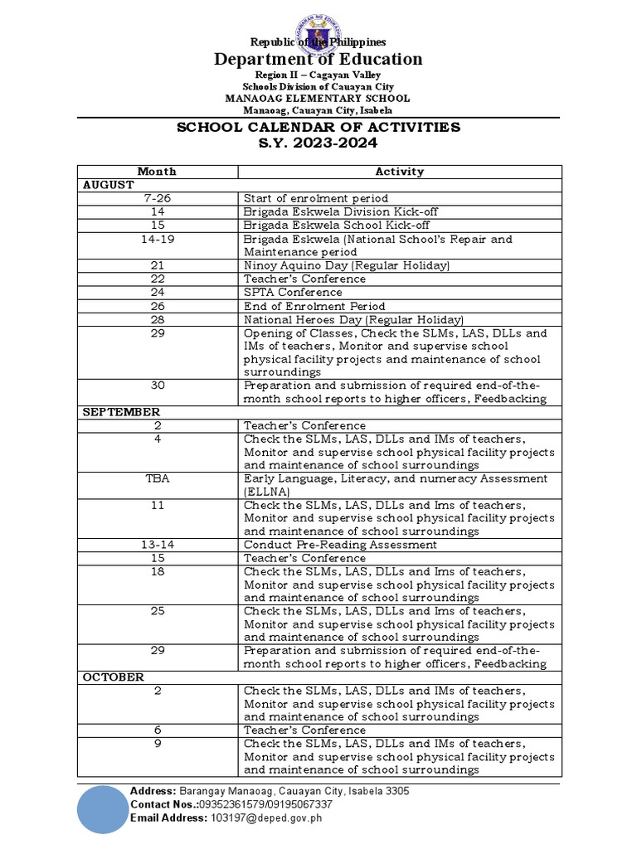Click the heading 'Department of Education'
coord(318,59)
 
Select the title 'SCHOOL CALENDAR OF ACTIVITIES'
coord(318,127)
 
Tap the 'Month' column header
coord(158,172)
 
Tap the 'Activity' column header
coord(400,172)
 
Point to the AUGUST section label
coord(108,185)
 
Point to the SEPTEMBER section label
coord(121,411)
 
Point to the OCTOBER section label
coord(114,677)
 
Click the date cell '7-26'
coord(158,198)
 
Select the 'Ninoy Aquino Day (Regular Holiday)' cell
coord(347,265)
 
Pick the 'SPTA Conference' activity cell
coord(293,292)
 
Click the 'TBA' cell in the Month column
coord(158,478)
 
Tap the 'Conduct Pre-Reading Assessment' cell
coord(340,545)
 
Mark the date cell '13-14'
coord(158,545)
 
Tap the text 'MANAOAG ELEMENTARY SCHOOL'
coord(318,99)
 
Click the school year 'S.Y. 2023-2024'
coord(318,143)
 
